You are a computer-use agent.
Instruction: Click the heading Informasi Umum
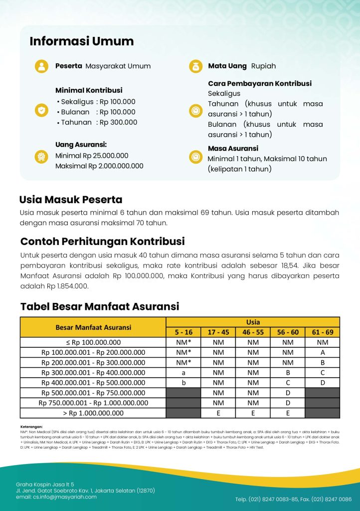(81, 41)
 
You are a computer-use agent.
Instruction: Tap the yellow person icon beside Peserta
(42, 66)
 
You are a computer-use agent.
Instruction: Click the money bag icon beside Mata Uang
(195, 66)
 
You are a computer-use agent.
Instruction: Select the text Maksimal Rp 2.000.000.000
(99, 166)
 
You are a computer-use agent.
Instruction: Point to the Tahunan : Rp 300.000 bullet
(97, 122)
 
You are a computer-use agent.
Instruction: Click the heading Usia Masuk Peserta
(70, 200)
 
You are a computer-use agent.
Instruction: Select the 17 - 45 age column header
(218, 332)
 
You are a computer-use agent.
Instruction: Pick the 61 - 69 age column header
(322, 332)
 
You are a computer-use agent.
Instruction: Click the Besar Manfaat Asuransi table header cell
(93, 327)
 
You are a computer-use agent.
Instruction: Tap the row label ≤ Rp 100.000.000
(93, 342)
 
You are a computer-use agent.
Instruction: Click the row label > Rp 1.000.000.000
(93, 413)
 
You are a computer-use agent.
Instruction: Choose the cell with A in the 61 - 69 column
(322, 352)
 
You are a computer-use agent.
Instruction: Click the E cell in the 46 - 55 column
(253, 413)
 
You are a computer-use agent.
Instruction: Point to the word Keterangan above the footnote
(31, 428)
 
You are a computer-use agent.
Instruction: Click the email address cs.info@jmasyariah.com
(56, 497)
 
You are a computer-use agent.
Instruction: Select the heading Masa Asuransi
(233, 149)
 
